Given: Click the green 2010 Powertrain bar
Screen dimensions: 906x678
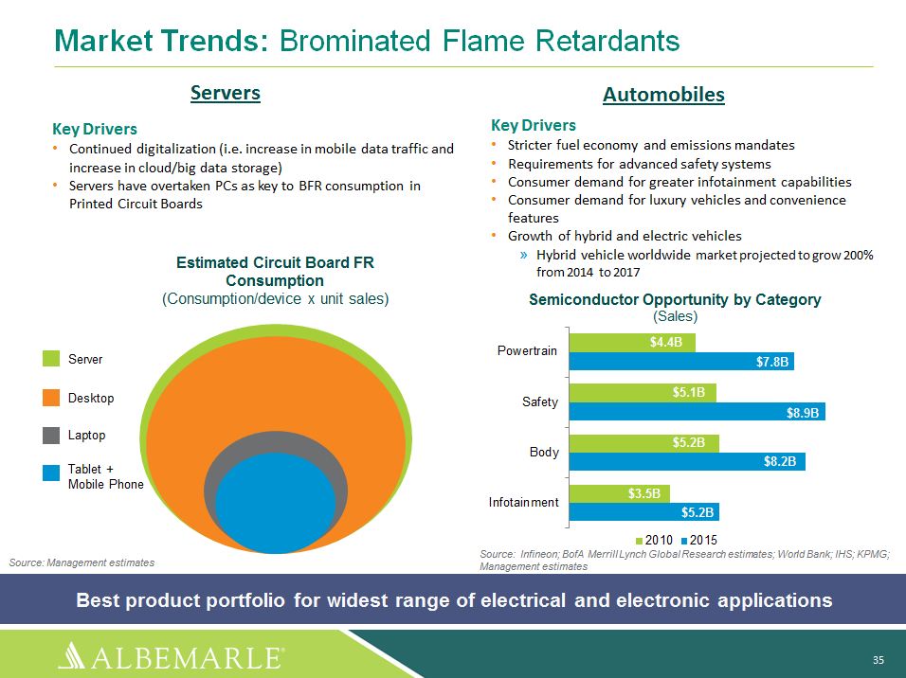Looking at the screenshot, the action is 632,343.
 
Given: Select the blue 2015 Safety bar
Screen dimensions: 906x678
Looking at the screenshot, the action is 697,412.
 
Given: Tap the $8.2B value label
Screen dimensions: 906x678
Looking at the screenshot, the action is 779,461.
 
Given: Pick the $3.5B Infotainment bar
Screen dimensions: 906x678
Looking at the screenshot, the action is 620,493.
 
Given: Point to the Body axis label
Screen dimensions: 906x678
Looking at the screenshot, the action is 544,452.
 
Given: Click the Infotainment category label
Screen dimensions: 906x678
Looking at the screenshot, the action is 523,502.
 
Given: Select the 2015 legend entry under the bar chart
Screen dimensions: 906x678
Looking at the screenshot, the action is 699,540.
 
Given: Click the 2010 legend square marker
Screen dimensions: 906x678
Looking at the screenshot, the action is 639,541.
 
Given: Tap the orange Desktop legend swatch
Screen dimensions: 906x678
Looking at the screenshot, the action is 51,398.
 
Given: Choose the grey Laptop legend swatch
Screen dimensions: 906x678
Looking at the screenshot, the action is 51,435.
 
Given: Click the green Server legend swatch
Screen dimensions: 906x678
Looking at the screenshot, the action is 51,358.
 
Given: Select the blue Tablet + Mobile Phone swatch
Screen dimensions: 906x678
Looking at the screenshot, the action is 51,473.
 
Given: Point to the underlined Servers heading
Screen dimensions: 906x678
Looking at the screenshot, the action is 226,93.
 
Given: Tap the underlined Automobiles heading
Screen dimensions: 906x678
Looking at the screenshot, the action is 664,95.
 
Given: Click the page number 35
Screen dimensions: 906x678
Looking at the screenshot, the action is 879,660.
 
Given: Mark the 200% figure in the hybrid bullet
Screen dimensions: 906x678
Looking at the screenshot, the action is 858,255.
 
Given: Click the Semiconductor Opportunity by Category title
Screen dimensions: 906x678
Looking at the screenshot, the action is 675,299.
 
